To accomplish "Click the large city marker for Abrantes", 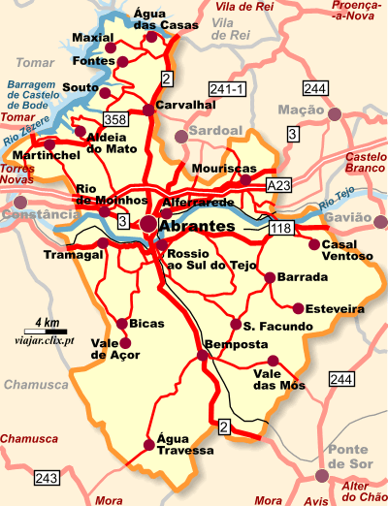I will click(148, 225).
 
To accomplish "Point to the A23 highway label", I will click(278, 184).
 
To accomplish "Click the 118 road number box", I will click(281, 228).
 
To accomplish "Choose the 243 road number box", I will click(47, 478).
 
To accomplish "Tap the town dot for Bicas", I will click(121, 324).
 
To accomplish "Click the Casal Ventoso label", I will click(346, 250).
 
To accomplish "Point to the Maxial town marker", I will click(110, 47).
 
